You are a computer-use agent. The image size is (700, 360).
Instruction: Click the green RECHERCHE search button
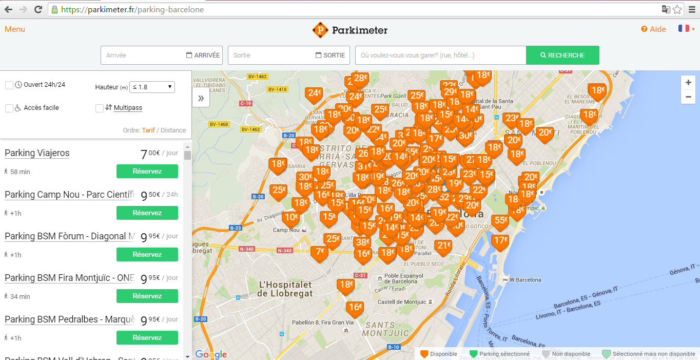coord(562,55)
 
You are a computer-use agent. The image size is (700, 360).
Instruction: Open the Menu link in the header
coord(15,29)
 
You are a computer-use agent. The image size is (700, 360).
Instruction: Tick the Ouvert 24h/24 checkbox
coord(9,85)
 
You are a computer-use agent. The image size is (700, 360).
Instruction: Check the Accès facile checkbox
coord(9,108)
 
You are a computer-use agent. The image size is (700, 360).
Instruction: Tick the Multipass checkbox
coord(100,108)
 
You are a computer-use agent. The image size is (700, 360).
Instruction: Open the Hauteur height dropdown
coord(152,87)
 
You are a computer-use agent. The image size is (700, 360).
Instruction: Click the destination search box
coord(440,55)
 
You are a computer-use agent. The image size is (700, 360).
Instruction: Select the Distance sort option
coord(173,130)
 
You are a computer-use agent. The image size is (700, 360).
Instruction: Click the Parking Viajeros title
coord(37,153)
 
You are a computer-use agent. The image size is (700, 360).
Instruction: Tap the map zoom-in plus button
coord(688,83)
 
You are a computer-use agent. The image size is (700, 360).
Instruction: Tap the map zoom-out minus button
coord(688,97)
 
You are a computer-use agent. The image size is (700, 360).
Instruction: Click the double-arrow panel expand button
coord(201,98)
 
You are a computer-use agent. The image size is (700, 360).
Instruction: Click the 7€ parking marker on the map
coord(320,252)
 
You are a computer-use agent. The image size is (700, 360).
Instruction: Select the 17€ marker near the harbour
coord(500,241)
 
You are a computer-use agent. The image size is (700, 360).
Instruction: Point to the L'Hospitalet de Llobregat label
coord(285,289)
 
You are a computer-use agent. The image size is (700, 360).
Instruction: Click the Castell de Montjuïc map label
coord(402,302)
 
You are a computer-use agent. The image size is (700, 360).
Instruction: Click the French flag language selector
coord(684,29)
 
